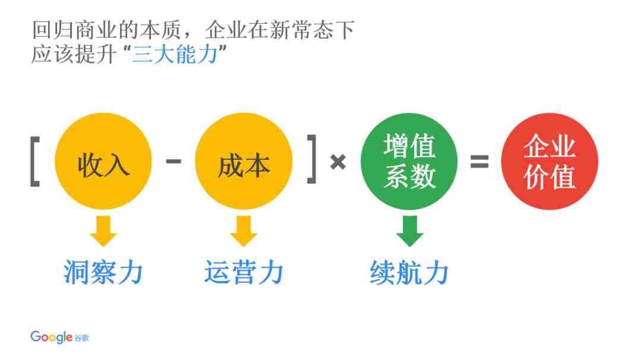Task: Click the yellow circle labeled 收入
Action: click(x=103, y=161)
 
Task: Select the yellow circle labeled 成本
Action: click(x=244, y=161)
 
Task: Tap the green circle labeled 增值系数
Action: click(x=409, y=161)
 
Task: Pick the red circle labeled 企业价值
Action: click(x=549, y=161)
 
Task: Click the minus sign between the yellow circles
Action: click(x=174, y=161)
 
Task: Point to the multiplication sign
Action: click(x=338, y=162)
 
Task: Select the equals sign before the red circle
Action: click(x=480, y=161)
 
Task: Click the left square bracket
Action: click(x=35, y=162)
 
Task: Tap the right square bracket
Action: click(x=312, y=159)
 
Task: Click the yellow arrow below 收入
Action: click(x=103, y=231)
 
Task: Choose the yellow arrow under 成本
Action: click(x=244, y=231)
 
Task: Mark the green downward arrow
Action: click(x=410, y=231)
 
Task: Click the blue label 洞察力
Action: click(x=103, y=272)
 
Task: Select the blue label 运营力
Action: click(x=244, y=272)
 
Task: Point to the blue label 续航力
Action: click(x=409, y=272)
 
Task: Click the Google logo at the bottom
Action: click(x=51, y=337)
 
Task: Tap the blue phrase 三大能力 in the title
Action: click(x=175, y=54)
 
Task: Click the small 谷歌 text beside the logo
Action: click(x=81, y=338)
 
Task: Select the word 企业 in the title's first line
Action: click(x=226, y=30)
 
